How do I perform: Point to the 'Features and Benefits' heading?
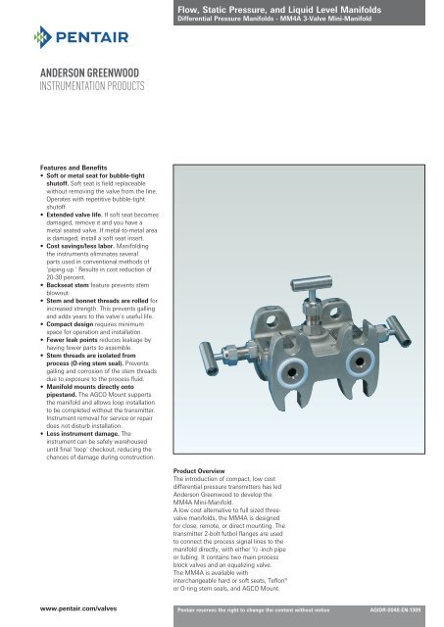(54, 168)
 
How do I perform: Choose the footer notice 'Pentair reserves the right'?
(250, 609)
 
